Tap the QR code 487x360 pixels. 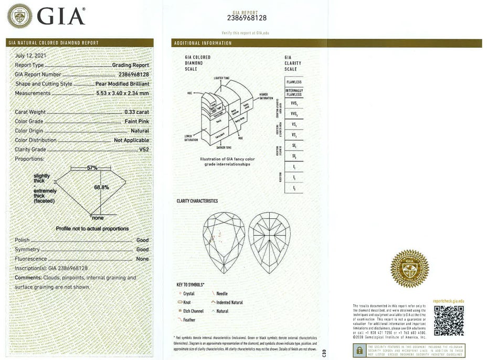(449, 320)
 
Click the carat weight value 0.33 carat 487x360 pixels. (136, 112)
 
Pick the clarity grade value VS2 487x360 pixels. (144, 150)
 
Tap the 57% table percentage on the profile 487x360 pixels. (92, 168)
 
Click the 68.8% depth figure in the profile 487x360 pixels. (101, 187)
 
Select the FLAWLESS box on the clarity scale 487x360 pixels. (294, 82)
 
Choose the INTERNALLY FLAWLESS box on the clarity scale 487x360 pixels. (294, 92)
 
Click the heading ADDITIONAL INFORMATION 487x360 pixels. (203, 43)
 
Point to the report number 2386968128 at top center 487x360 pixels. (247, 17)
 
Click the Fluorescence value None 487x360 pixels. (142, 259)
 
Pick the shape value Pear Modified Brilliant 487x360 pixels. (122, 83)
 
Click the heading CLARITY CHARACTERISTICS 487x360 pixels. (197, 201)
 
